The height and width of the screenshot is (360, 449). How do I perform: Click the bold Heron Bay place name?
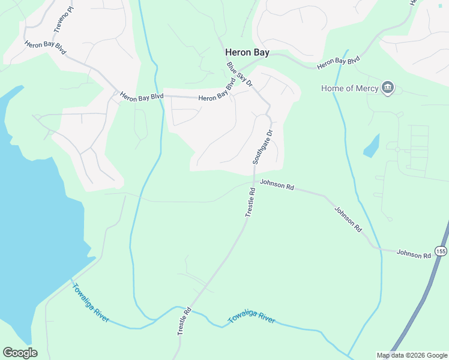tap(247, 53)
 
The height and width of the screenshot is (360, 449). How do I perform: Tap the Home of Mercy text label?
tap(349, 89)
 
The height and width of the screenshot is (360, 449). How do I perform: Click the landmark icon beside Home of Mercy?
tap(388, 88)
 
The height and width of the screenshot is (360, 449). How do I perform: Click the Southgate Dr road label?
tap(262, 148)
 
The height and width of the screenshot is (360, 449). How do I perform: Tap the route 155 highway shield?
tap(441, 251)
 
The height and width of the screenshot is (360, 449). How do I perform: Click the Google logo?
tap(20, 353)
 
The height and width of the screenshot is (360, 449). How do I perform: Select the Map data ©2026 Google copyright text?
tap(412, 355)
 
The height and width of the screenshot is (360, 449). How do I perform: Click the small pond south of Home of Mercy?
tap(372, 146)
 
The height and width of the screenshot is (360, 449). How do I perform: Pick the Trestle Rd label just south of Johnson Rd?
tap(250, 202)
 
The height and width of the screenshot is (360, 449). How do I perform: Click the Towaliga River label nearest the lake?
tap(91, 302)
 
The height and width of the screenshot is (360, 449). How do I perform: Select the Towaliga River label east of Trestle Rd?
tap(252, 319)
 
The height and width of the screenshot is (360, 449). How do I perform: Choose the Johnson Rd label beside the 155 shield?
tap(414, 254)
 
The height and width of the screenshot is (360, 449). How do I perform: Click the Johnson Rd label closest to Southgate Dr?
tap(276, 186)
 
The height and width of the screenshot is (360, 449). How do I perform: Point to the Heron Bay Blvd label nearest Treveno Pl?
tap(45, 48)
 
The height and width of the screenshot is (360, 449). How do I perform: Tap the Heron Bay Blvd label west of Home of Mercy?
tap(338, 61)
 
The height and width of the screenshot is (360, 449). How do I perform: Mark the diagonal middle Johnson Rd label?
tap(348, 220)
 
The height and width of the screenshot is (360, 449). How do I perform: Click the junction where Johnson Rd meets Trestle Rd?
tap(254, 181)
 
